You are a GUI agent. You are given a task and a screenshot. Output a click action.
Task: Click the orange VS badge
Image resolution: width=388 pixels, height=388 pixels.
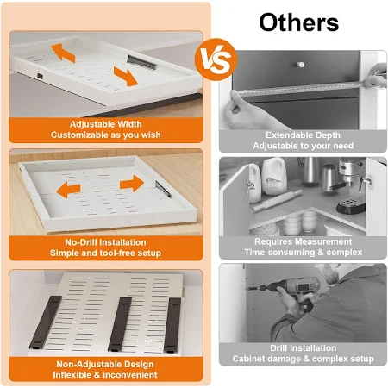(216, 59)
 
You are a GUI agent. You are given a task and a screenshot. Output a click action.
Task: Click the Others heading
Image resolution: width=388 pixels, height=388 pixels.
(299, 22)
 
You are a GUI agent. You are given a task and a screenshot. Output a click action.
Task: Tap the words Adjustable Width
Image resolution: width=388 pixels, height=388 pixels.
(106, 124)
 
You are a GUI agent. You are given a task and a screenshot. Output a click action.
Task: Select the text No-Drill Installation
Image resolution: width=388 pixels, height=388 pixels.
(105, 242)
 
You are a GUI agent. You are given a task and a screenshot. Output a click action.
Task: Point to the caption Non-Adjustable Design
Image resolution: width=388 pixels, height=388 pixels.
(105, 364)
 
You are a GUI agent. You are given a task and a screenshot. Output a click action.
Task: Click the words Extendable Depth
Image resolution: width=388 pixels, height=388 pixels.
(303, 135)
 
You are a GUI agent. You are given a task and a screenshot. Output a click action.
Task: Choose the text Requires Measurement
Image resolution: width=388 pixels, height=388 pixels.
(304, 241)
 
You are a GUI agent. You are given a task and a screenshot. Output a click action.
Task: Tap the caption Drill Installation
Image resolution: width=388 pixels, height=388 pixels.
(304, 348)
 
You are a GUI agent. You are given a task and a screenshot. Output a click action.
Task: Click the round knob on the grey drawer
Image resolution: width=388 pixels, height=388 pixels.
(300, 65)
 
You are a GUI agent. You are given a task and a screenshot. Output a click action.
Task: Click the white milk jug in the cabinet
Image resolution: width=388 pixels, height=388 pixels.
(274, 176)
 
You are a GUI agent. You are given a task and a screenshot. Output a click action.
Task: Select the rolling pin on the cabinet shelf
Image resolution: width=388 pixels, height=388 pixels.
(278, 200)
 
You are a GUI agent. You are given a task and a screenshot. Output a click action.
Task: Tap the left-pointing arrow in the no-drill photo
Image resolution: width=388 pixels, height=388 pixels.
(68, 190)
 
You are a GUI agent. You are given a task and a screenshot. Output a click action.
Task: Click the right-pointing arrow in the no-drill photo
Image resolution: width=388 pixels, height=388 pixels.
(132, 184)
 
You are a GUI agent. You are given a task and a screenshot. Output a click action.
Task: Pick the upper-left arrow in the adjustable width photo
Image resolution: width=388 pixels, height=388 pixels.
(64, 53)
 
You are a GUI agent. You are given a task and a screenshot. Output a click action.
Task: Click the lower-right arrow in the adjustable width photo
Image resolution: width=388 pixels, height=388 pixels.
(126, 77)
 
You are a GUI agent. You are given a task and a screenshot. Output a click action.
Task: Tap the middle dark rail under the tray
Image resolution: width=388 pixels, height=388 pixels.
(120, 324)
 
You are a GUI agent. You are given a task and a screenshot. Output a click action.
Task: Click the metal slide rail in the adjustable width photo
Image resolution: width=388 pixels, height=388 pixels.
(141, 62)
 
